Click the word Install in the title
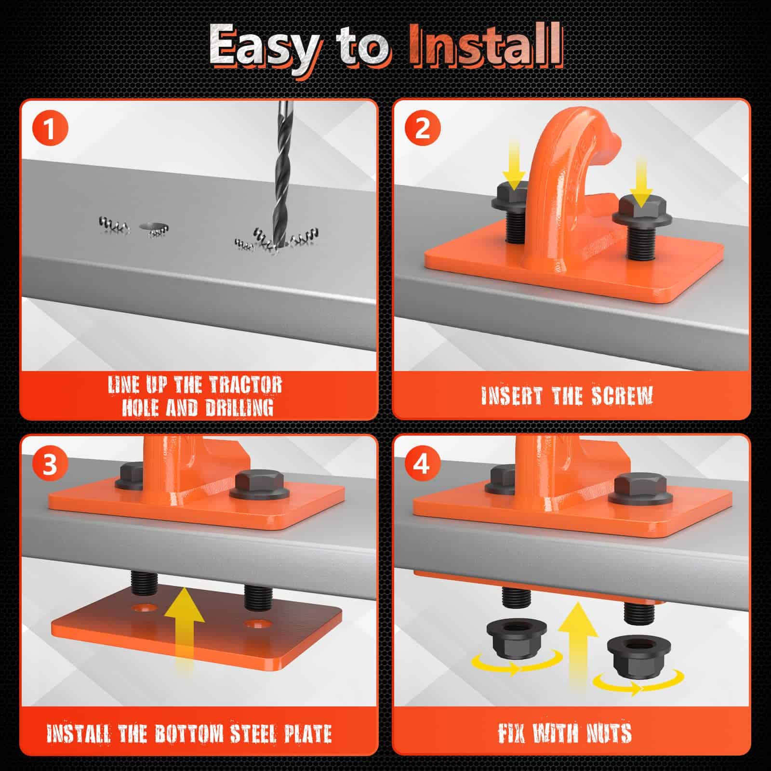click(486, 46)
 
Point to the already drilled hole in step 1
click(151, 226)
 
